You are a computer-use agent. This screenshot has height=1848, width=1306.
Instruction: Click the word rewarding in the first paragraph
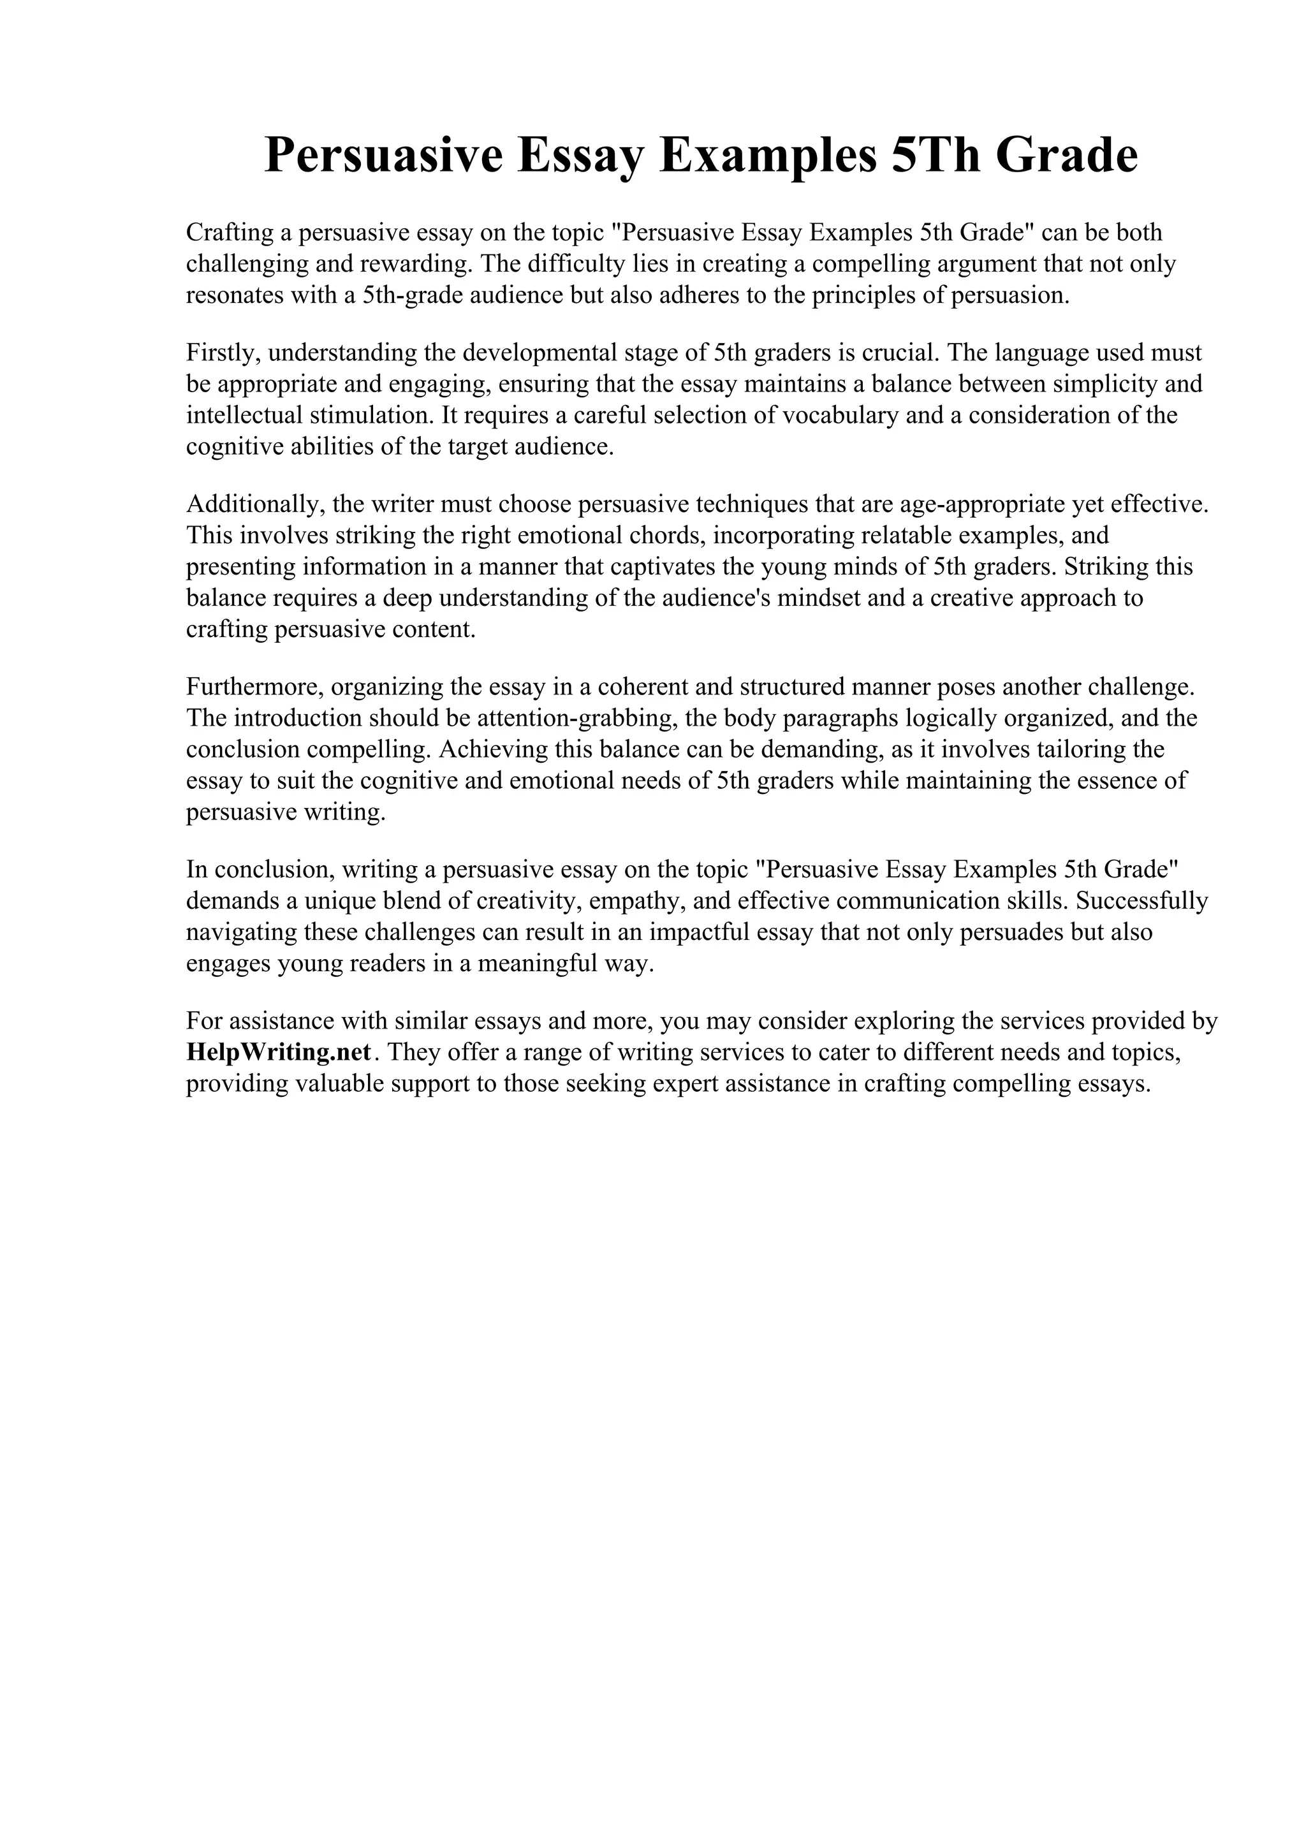coord(415,264)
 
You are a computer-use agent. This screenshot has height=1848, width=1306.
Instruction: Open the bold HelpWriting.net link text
coord(279,1053)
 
